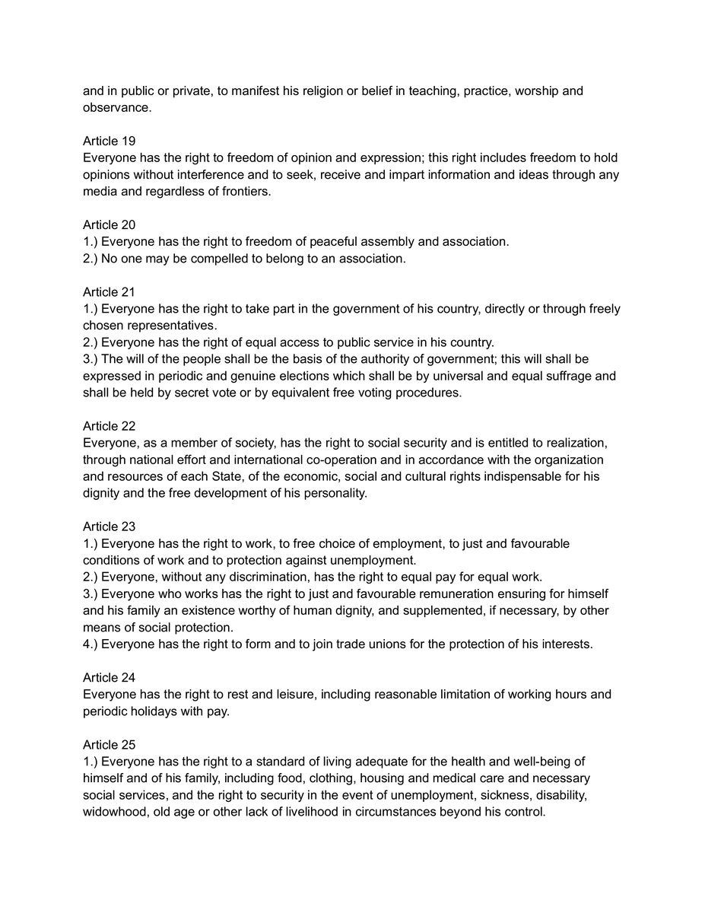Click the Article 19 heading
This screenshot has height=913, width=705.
point(110,142)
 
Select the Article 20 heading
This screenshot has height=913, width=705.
point(110,225)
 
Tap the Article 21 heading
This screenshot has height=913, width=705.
point(110,292)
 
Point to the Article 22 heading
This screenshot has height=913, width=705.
point(110,426)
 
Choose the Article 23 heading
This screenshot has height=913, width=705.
point(110,526)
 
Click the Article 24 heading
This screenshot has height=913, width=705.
point(110,677)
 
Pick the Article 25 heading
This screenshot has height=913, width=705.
point(110,744)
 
